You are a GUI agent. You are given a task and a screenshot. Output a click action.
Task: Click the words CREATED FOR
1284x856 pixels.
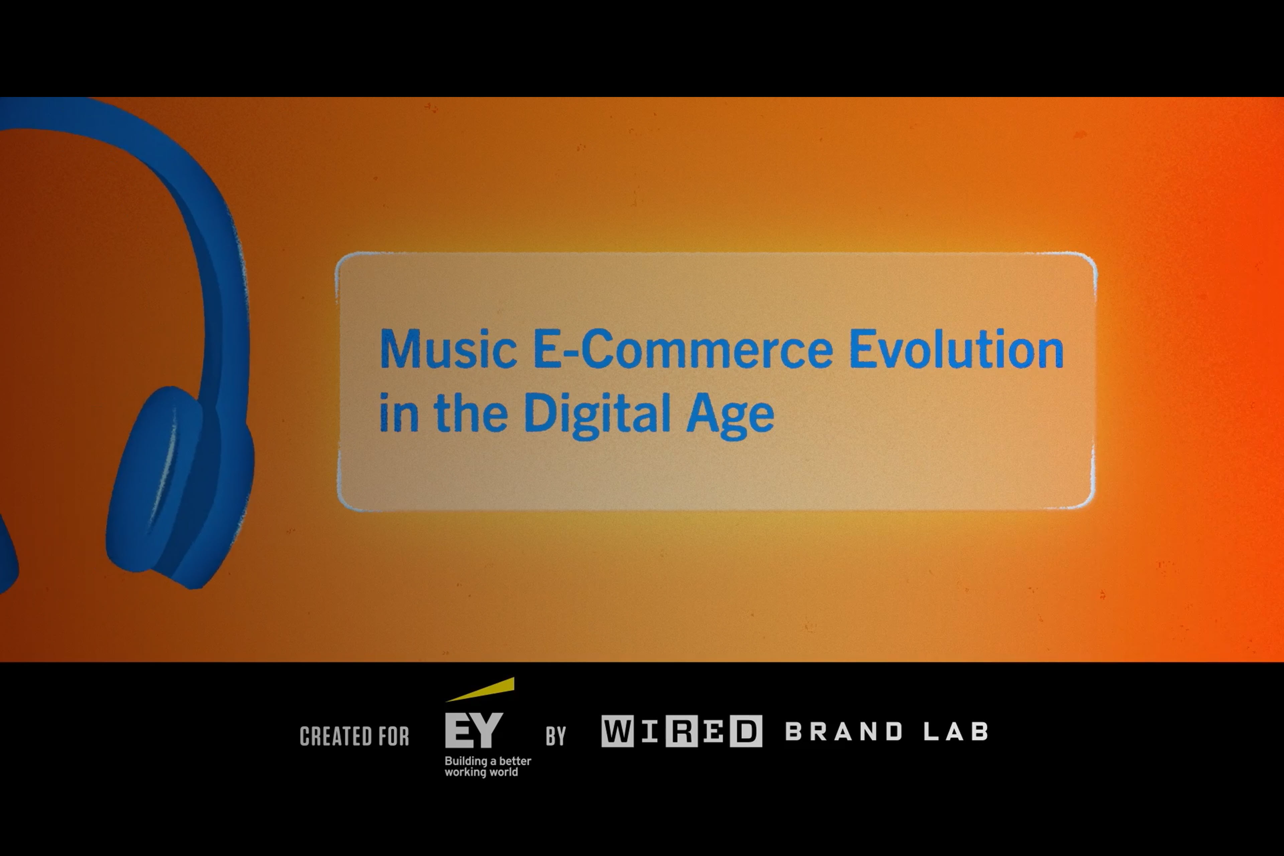click(354, 736)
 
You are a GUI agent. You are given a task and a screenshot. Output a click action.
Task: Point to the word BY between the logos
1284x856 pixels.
click(556, 736)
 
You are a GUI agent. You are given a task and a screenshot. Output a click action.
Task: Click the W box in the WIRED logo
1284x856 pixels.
click(618, 731)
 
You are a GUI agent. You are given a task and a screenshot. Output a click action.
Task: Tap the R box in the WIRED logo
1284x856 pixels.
click(681, 731)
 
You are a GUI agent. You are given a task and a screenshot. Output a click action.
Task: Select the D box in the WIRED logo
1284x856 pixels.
click(746, 731)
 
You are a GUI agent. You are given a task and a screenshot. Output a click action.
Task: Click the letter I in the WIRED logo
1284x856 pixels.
click(650, 731)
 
